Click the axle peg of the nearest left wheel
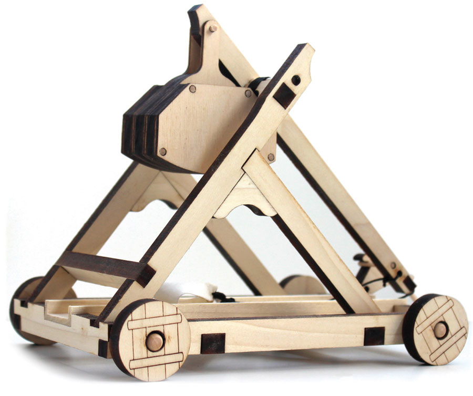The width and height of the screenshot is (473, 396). tap(154, 340)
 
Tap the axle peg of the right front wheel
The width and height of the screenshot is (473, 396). tap(439, 330)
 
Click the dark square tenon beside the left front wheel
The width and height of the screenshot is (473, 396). tap(213, 343)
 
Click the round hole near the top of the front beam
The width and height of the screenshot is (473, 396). tap(296, 80)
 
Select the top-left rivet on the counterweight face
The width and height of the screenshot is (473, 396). tap(192, 89)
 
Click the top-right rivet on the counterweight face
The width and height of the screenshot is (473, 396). tap(248, 93)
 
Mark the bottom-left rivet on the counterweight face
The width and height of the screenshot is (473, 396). tap(163, 151)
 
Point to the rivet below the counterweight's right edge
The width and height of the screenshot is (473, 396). tap(271, 157)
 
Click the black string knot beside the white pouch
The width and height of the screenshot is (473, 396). tap(223, 297)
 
